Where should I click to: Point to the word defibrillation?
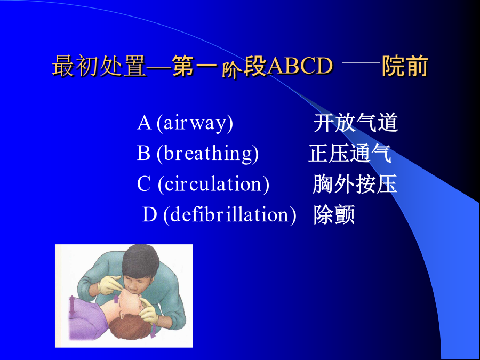point(229,214)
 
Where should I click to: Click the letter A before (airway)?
point(144,123)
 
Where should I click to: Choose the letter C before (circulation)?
point(143,183)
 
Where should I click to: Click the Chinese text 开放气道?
point(355,123)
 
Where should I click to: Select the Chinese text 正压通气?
point(349,153)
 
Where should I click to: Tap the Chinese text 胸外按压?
point(355,183)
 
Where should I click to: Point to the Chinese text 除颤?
point(334,214)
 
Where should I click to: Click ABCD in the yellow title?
point(300,66)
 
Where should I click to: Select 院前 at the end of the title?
point(405,66)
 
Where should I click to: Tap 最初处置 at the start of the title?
point(99,66)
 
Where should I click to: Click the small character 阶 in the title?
point(229,71)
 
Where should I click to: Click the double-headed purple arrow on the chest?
point(72,306)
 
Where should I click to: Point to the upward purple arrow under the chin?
point(116,299)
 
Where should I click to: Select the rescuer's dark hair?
point(141,260)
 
